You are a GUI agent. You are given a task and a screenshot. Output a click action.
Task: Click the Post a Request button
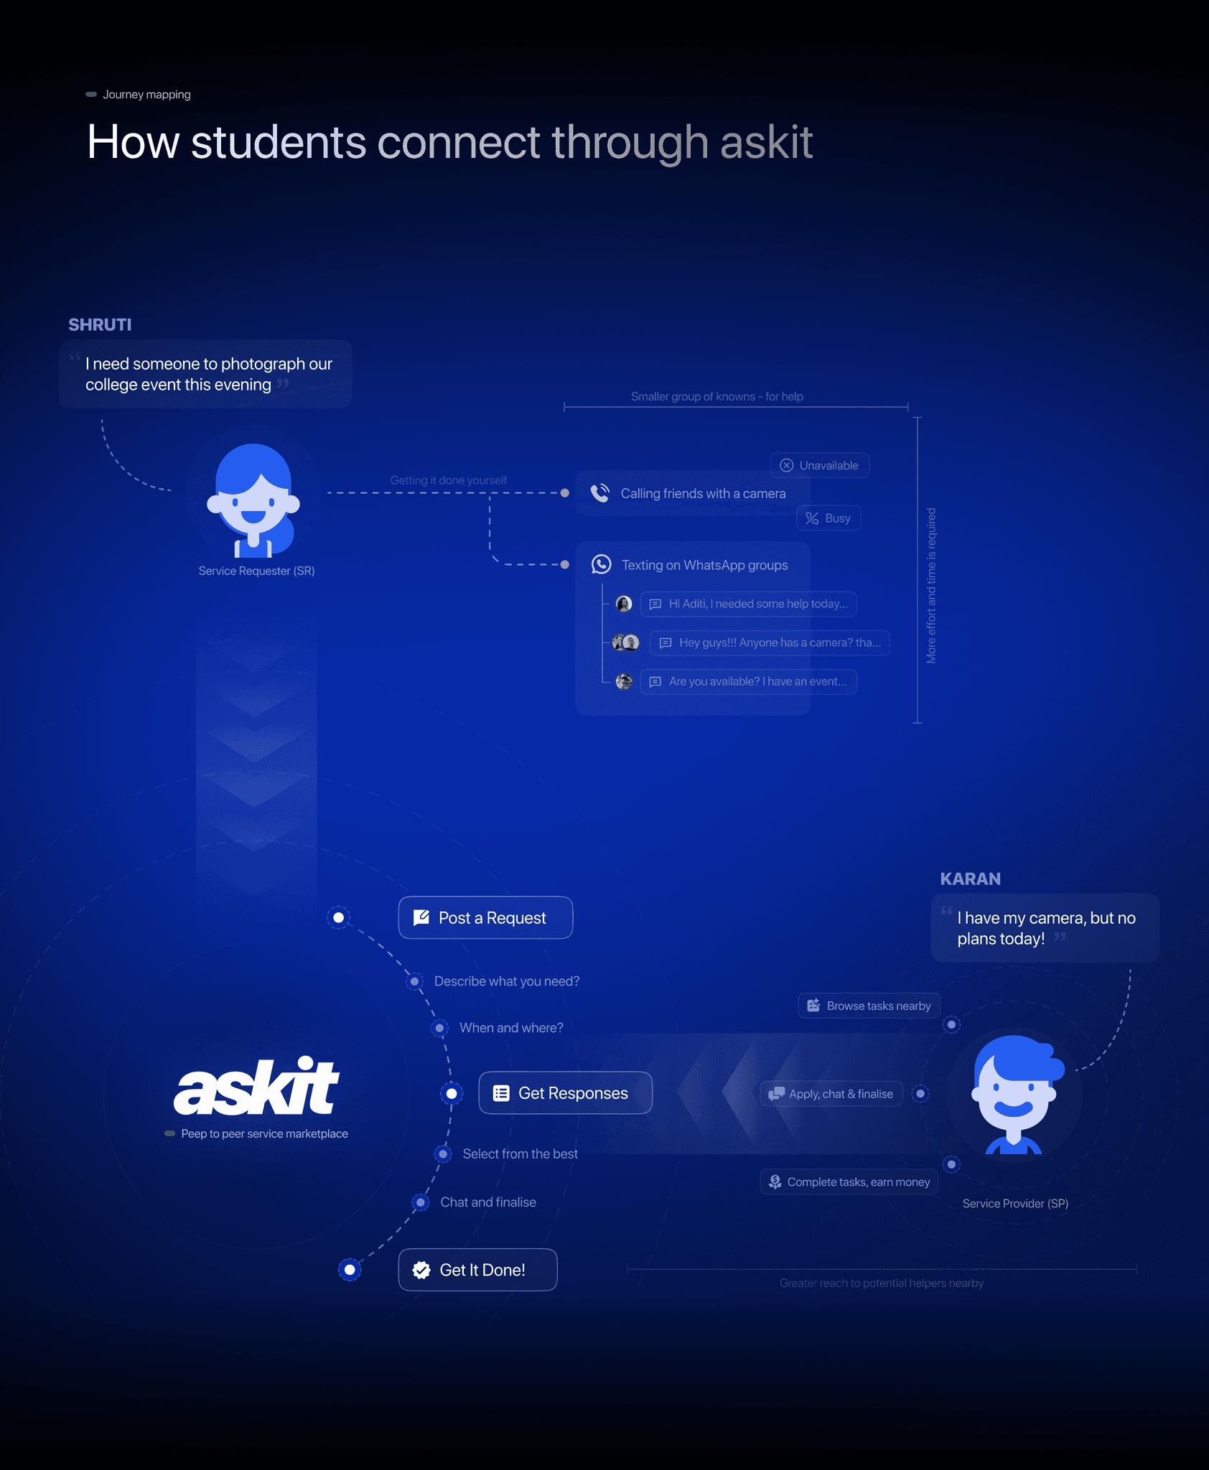(x=485, y=917)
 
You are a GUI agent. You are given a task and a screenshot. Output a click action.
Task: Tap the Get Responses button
(x=565, y=1092)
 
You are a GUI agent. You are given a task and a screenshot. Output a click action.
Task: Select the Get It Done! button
(x=477, y=1270)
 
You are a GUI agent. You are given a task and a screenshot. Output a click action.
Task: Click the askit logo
(x=256, y=1087)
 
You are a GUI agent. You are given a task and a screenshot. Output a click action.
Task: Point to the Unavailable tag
(x=820, y=465)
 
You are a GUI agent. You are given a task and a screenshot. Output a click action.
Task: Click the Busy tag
(x=828, y=518)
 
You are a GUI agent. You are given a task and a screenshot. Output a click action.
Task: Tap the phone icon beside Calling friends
(x=600, y=493)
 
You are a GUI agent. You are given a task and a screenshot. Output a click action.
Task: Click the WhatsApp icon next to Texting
(x=602, y=565)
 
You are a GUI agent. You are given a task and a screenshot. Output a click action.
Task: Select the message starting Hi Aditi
(x=748, y=604)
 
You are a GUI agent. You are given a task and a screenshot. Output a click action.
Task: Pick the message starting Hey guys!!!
(x=770, y=642)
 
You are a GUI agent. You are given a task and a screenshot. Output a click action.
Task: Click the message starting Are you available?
(x=748, y=681)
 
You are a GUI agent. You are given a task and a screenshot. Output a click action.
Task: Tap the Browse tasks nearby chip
(x=869, y=1006)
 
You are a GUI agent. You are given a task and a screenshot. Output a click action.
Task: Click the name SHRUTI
(x=100, y=325)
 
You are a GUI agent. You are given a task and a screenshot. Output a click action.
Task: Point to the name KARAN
(x=970, y=879)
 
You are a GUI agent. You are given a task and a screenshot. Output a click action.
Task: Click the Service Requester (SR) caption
(x=256, y=571)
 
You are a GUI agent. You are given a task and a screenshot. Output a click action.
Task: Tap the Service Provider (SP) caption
(x=1015, y=1204)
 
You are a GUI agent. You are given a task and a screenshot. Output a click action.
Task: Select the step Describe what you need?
(x=506, y=981)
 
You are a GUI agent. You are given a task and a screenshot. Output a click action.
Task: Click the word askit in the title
(x=766, y=142)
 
